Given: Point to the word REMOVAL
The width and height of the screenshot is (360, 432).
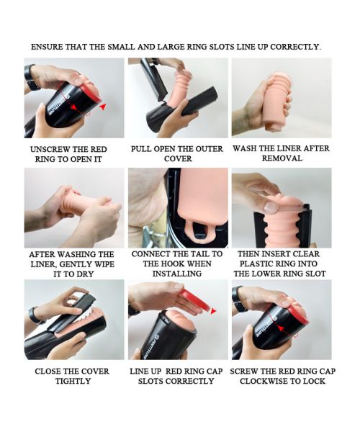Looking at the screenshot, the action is (282, 158).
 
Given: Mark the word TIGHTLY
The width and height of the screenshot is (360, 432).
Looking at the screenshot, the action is (73, 382).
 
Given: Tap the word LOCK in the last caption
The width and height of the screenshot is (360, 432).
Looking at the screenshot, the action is (314, 382).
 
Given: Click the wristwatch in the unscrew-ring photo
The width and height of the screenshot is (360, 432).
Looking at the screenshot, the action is (31, 78).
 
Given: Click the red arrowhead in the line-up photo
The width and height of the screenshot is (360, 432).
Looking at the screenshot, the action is (213, 312).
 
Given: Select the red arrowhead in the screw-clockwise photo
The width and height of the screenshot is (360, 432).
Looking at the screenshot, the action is (280, 328).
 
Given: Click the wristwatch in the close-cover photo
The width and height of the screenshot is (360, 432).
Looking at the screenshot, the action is (35, 315).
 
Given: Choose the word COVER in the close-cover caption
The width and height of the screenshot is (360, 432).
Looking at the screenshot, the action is (95, 372).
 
